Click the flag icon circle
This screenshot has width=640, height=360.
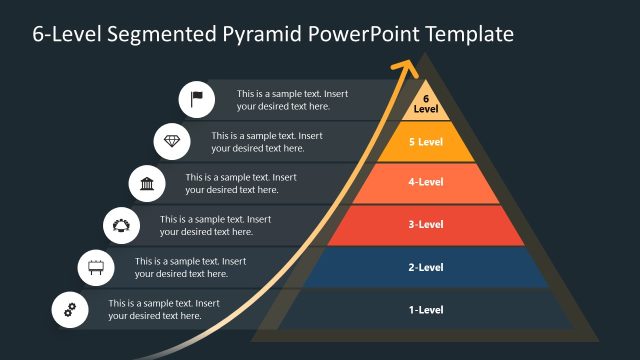(x=197, y=99)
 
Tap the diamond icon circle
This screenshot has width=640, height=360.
(x=172, y=141)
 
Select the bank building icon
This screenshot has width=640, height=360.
(x=147, y=183)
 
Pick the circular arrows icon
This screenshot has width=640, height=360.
(x=122, y=225)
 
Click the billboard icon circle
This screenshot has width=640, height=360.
(x=97, y=267)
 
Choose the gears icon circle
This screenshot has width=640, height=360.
(x=70, y=309)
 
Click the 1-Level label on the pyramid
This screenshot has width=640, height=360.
(x=426, y=310)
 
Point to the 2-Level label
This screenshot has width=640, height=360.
(x=426, y=267)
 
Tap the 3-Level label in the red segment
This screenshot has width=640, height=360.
(x=426, y=225)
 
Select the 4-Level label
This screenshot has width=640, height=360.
(x=426, y=183)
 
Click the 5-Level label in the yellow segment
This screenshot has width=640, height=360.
(x=426, y=142)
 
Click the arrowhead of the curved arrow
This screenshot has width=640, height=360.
(x=406, y=68)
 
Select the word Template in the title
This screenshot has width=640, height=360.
(x=468, y=34)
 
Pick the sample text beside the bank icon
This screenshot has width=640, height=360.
(x=240, y=183)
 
